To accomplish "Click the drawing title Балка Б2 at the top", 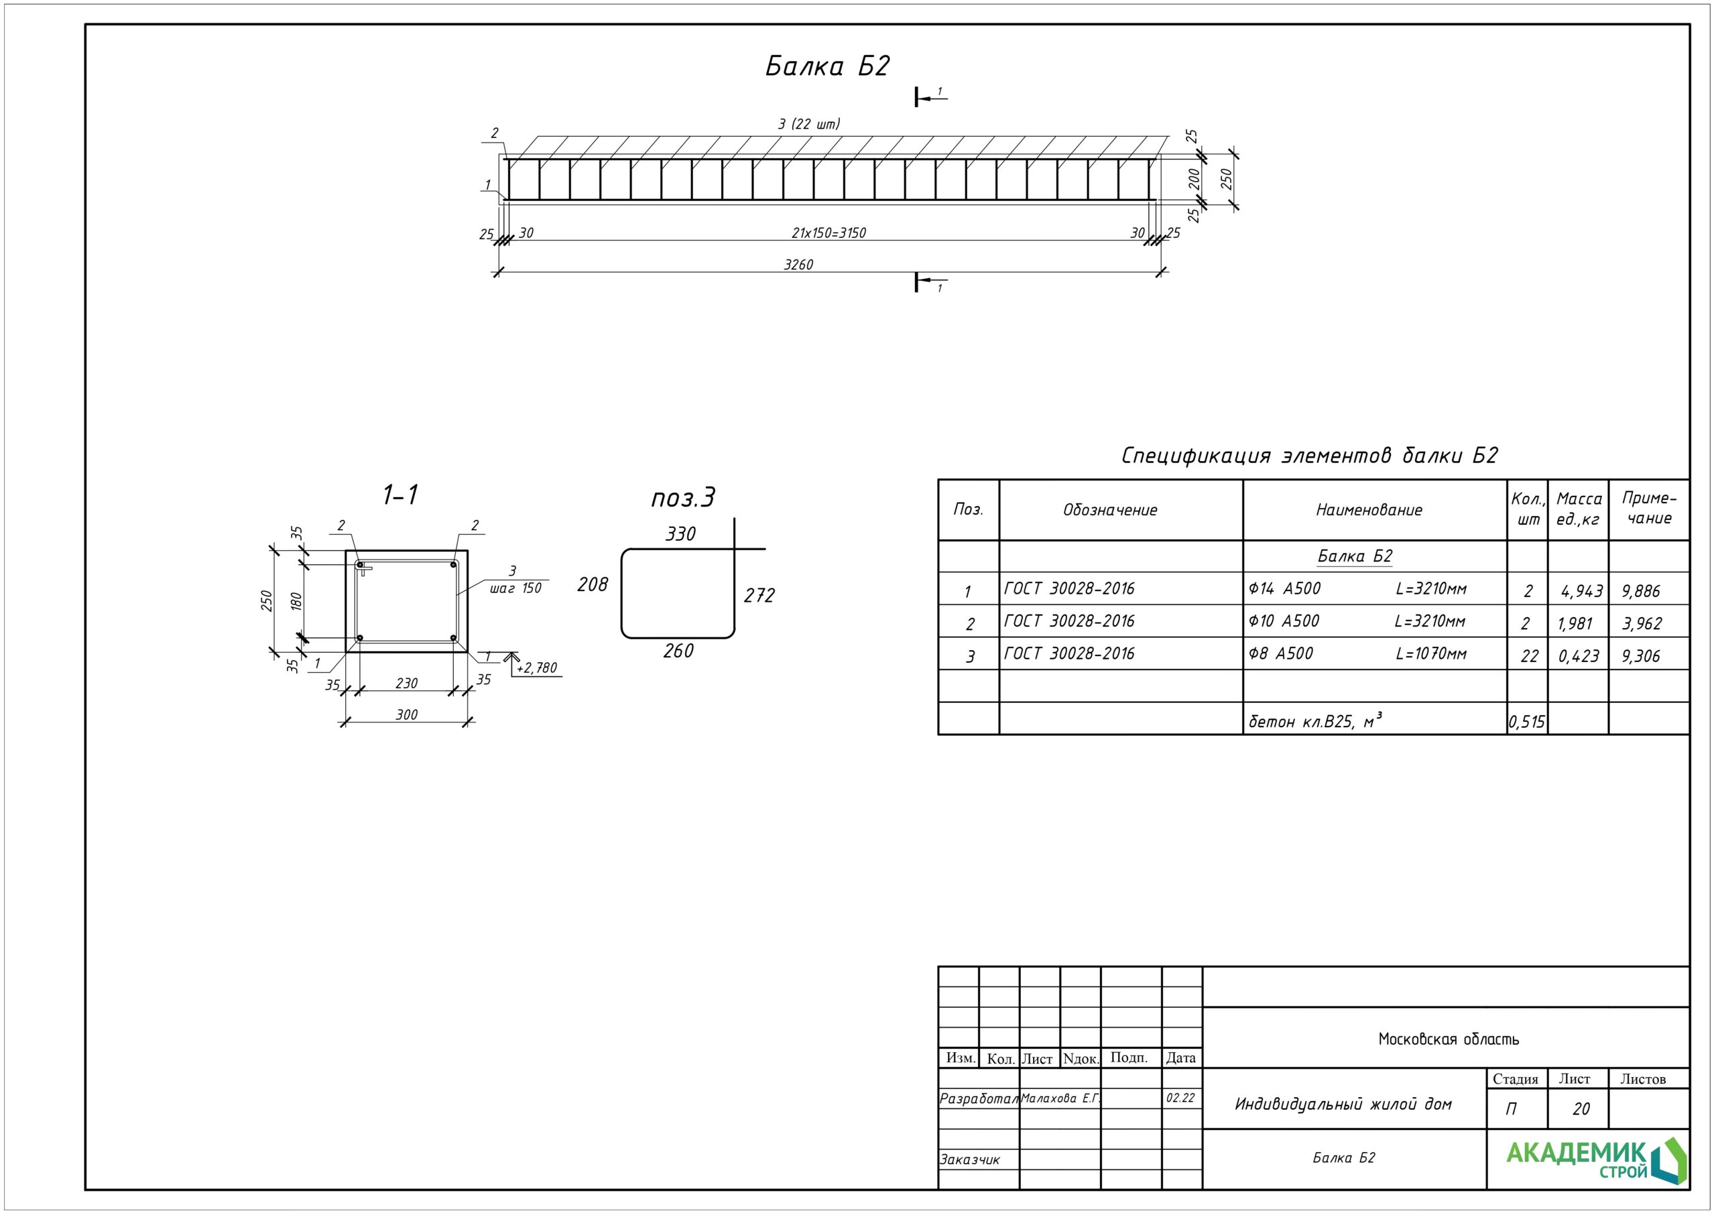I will pyautogui.click(x=826, y=66).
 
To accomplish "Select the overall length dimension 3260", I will pyautogui.click(x=798, y=265).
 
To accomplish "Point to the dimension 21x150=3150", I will pyautogui.click(x=828, y=233).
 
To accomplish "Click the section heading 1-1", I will pyautogui.click(x=401, y=495).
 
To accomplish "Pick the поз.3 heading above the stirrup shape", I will pyautogui.click(x=682, y=498).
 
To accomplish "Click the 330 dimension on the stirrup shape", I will pyautogui.click(x=680, y=534).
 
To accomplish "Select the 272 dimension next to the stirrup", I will pyautogui.click(x=759, y=596).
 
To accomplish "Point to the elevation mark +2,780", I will pyautogui.click(x=537, y=668).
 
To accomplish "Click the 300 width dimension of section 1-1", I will pyautogui.click(x=407, y=715).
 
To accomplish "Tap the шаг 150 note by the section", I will pyautogui.click(x=515, y=588).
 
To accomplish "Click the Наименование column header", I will pyautogui.click(x=1369, y=511).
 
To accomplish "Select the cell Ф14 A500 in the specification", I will pyautogui.click(x=1285, y=589).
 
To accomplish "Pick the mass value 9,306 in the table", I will pyautogui.click(x=1640, y=656).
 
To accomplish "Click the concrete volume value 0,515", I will pyautogui.click(x=1526, y=722).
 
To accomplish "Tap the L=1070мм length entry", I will pyautogui.click(x=1430, y=654).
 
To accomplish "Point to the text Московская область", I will pyautogui.click(x=1448, y=1039).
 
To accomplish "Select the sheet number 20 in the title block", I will pyautogui.click(x=1581, y=1109).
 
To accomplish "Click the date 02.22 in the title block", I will pyautogui.click(x=1180, y=1098).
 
